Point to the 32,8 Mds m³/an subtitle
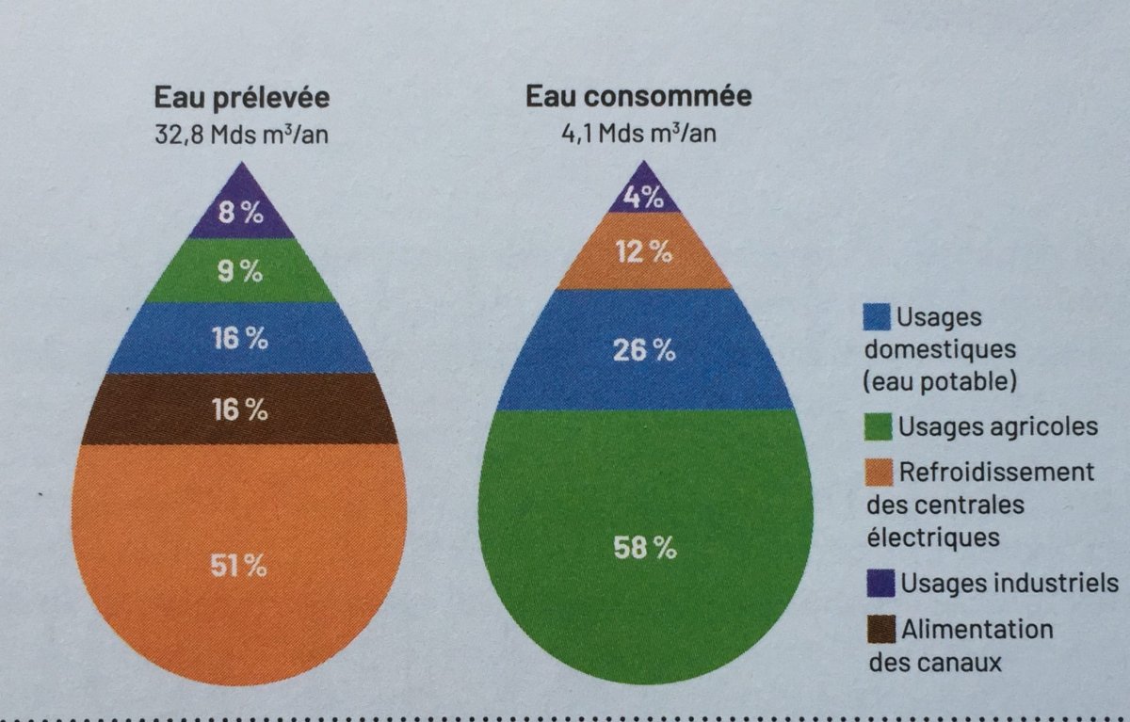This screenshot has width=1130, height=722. (x=242, y=134)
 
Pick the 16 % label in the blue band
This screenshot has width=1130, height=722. (x=239, y=339)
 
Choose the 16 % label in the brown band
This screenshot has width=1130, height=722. (x=239, y=409)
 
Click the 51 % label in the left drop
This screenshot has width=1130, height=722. (x=239, y=566)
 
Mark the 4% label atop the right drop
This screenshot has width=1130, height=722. (x=644, y=199)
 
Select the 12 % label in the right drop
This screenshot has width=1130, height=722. (x=645, y=252)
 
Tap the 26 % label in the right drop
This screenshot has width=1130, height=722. (x=645, y=351)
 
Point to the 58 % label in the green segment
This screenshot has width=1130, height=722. (x=645, y=548)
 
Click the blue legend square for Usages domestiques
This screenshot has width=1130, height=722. (x=877, y=316)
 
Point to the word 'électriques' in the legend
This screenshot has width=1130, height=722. (x=933, y=537)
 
